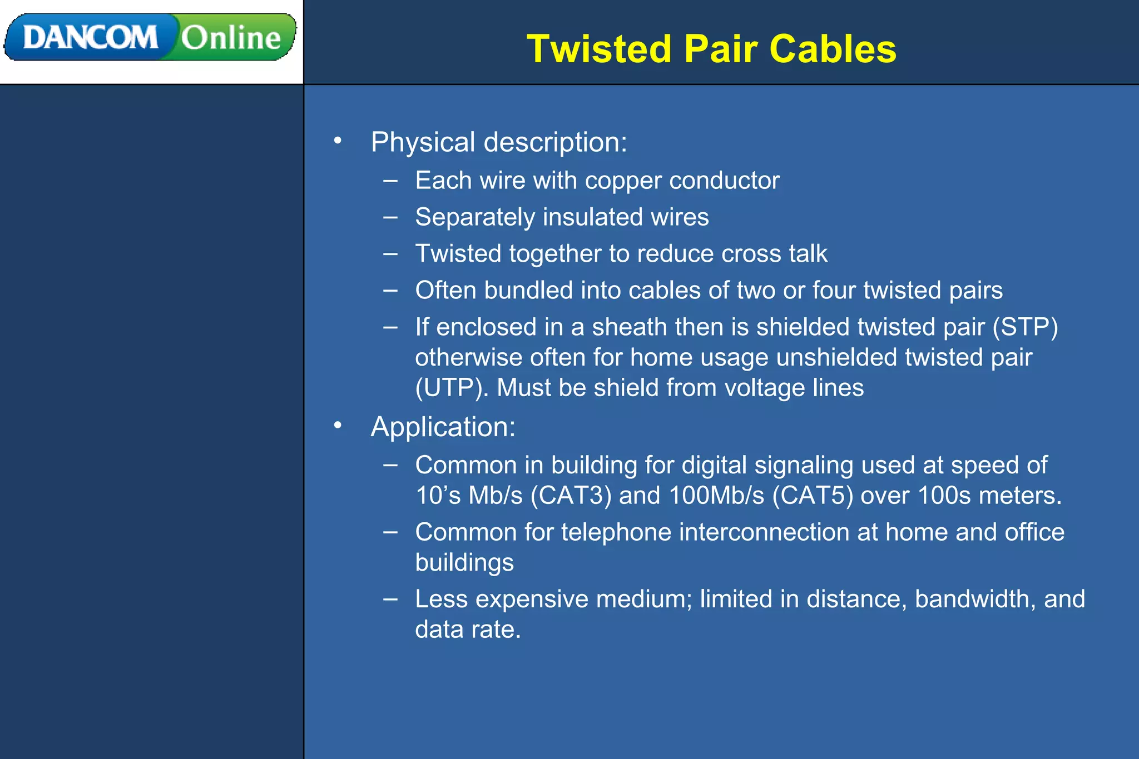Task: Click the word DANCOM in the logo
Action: coord(90,38)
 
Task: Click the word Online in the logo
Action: coord(231,38)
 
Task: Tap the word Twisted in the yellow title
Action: coord(599,49)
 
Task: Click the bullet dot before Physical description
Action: coord(338,141)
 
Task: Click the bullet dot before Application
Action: coord(338,426)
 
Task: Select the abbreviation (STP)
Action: coord(1025,327)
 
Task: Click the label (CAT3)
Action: coord(571,496)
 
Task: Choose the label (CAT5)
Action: coord(813,496)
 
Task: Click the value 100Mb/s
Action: coord(716,496)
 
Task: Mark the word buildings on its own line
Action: coord(464,563)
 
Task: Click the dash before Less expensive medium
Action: coord(390,599)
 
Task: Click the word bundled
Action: coord(528,291)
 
